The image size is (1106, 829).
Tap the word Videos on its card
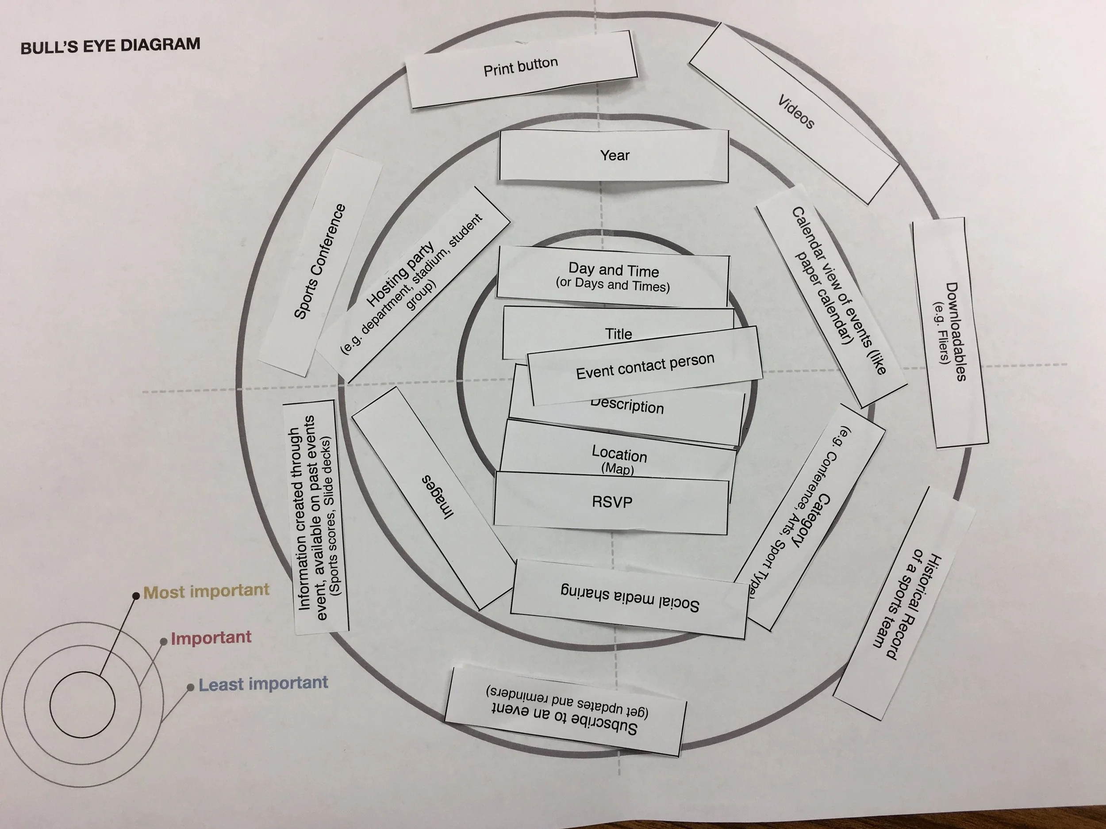click(796, 112)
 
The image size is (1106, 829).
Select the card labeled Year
click(614, 155)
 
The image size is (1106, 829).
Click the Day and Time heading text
click(614, 270)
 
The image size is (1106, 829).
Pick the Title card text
click(618, 334)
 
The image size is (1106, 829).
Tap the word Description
click(627, 406)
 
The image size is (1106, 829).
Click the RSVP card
click(612, 502)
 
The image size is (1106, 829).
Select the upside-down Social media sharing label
click(630, 598)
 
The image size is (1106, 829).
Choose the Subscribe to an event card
click(565, 712)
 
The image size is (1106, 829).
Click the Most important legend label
click(207, 591)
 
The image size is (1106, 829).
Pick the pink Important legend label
click(211, 638)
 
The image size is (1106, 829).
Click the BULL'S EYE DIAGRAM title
click(110, 46)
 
